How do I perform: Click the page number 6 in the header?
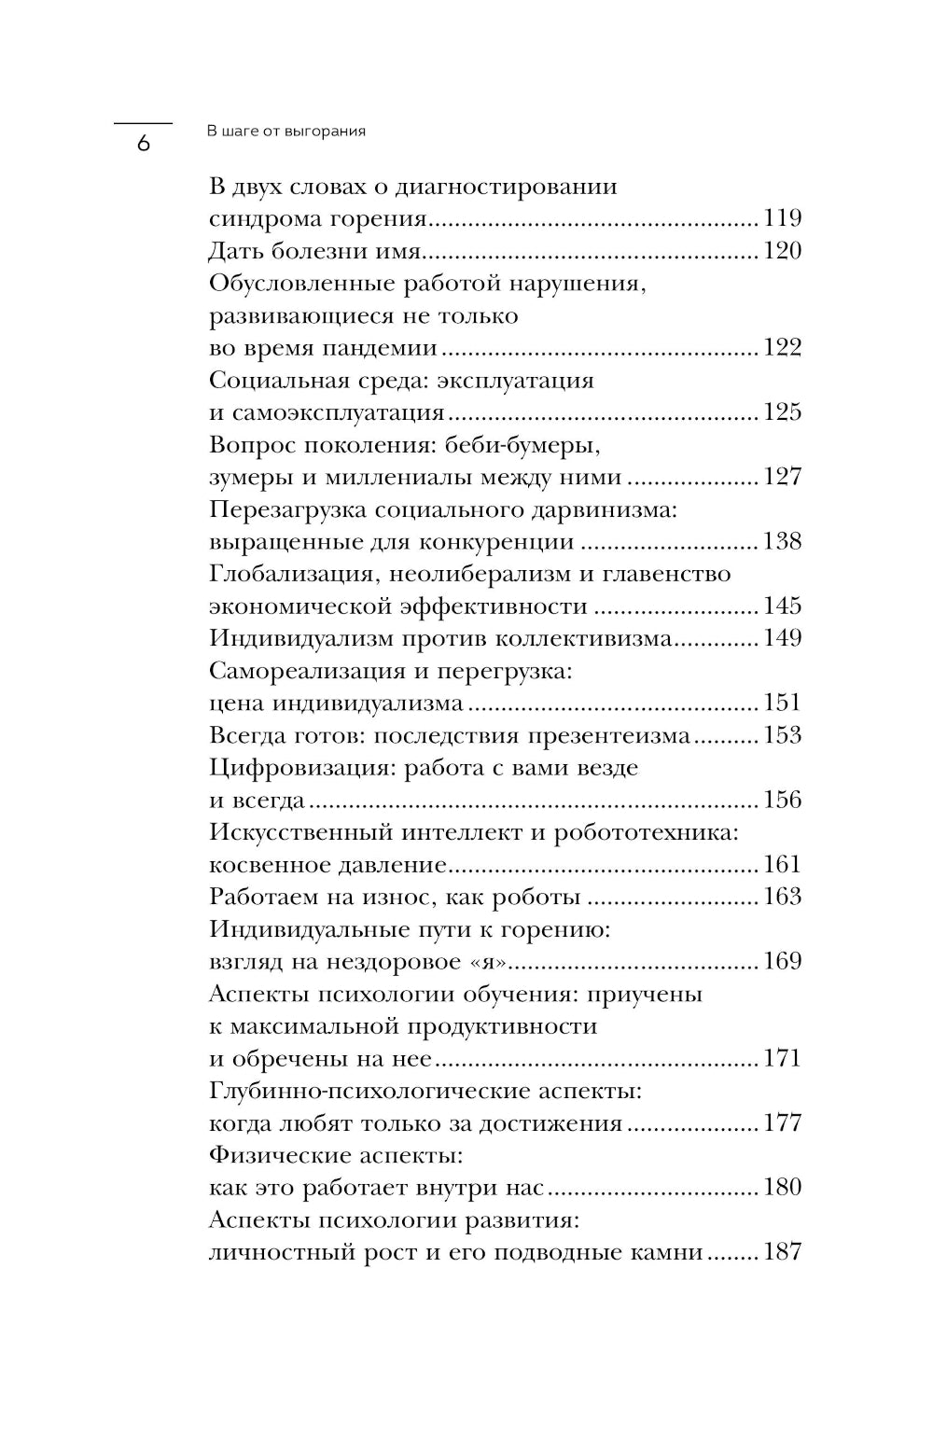(x=143, y=145)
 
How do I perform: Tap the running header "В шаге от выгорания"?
(x=286, y=132)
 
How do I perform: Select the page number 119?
(x=782, y=219)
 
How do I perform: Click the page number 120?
(x=782, y=251)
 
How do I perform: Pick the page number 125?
(x=782, y=412)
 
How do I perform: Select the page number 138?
(x=782, y=541)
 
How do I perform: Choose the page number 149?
(x=782, y=638)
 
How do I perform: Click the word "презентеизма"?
(x=609, y=735)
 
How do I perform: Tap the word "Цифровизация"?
(x=292, y=768)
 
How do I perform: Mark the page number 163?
(x=782, y=897)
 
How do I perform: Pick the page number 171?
(x=782, y=1059)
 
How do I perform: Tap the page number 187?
(x=782, y=1252)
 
